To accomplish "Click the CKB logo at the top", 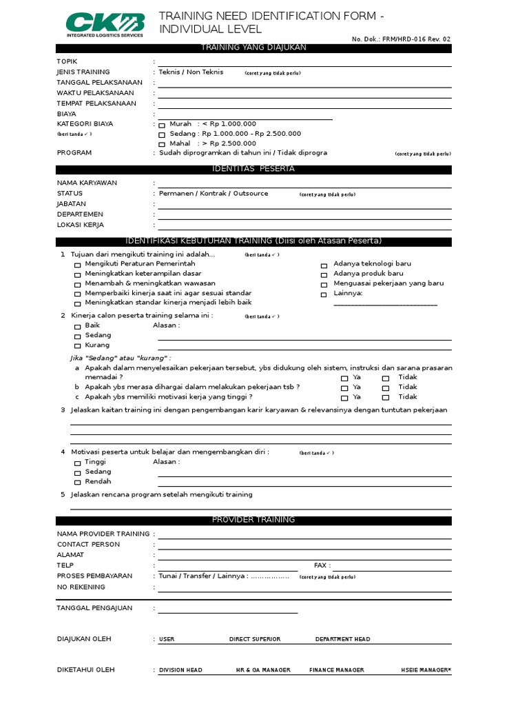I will point(105,24).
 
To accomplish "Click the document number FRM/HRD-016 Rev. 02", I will point(401,40).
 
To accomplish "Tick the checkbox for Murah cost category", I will point(162,125).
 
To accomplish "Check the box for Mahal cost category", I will point(162,145).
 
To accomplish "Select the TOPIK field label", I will point(67,61).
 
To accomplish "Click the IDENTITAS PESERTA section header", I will point(253,169).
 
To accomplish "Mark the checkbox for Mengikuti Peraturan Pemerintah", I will point(77,265).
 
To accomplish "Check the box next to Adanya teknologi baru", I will point(324,265).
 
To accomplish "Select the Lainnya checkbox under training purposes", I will point(324,294).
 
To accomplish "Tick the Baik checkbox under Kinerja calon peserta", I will point(77,326).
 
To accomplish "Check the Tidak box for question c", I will point(386,398).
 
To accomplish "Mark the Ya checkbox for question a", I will point(344,379).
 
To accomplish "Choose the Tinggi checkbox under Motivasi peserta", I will point(77,463).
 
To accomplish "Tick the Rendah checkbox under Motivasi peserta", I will point(77,483).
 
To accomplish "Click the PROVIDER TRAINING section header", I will point(253,520).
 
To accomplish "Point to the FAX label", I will point(322,565).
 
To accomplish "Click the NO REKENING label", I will point(81,587).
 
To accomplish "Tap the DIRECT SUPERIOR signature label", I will point(255,639).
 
